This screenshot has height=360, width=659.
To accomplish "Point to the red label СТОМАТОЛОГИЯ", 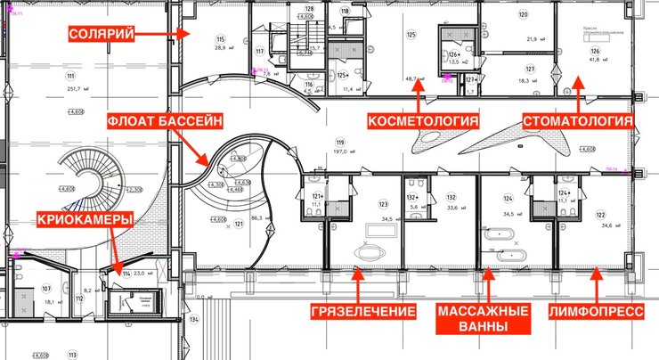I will [578, 120].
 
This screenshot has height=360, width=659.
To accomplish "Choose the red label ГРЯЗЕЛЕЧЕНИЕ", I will [363, 312].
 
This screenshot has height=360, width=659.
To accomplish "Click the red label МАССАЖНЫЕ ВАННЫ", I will [484, 319].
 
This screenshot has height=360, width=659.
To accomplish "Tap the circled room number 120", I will [524, 15].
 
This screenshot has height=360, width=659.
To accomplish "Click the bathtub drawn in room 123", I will [375, 231].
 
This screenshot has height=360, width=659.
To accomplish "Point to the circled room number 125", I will [411, 35].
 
